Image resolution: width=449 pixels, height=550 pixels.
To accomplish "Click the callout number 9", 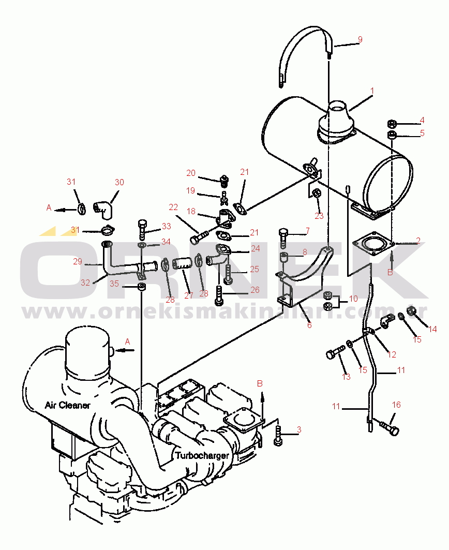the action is [x=360, y=40].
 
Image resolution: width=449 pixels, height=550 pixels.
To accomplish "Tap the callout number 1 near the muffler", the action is [x=372, y=91].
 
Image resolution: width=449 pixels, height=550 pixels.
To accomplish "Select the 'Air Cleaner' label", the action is [x=68, y=405].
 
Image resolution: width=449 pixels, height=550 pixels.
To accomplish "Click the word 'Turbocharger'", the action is [x=202, y=455].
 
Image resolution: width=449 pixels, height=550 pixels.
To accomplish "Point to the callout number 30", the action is [x=119, y=182].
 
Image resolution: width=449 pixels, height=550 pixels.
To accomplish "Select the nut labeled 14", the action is [x=411, y=311].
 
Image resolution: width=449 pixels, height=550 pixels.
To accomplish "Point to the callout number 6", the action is [x=309, y=325].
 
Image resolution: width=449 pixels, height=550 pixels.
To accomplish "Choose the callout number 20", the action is [x=191, y=173].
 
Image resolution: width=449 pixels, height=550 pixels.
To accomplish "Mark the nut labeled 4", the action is [x=392, y=124].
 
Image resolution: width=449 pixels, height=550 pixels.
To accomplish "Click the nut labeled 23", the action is [x=316, y=194].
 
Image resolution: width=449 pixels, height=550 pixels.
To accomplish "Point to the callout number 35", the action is [x=114, y=284].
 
